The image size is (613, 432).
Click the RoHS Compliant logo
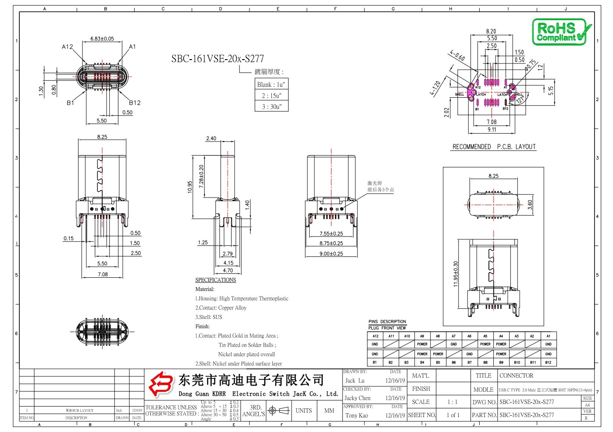(x=561, y=32)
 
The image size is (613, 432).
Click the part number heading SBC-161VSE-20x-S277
(x=217, y=59)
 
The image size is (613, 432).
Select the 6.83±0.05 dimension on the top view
(x=102, y=39)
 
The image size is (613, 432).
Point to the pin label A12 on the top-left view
(x=67, y=46)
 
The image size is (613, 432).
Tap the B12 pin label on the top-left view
(x=135, y=103)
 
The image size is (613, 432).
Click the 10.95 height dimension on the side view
(x=190, y=187)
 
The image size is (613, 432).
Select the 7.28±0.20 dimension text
(x=201, y=176)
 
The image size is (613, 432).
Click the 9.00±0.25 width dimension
(x=331, y=254)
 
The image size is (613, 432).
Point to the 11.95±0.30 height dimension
(x=456, y=274)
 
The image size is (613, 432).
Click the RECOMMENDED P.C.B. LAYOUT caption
(x=494, y=147)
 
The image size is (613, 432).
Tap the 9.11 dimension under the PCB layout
(x=492, y=130)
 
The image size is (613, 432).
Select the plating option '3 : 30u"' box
(x=271, y=106)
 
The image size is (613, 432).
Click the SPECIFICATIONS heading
(x=215, y=280)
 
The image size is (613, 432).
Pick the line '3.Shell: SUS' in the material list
(x=209, y=317)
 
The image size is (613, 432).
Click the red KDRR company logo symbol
(x=160, y=384)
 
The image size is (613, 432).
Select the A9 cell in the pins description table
(x=422, y=336)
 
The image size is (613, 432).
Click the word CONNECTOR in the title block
(x=516, y=375)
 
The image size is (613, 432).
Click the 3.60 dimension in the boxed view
(x=530, y=205)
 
